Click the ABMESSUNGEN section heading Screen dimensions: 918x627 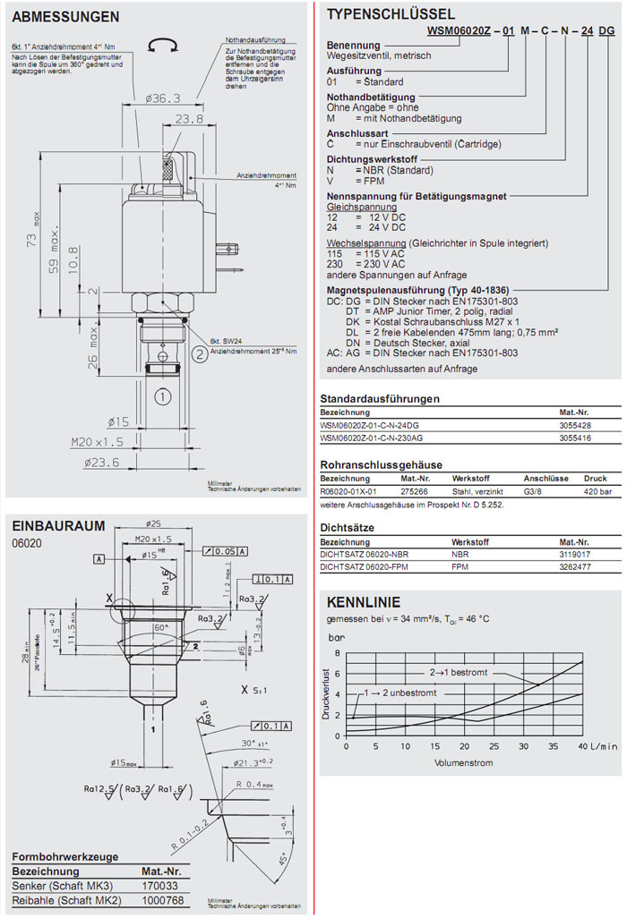[x=66, y=17]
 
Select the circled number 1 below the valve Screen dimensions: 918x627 [x=162, y=395]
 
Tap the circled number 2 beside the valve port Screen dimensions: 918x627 [x=198, y=355]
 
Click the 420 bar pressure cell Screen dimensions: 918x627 [x=597, y=491]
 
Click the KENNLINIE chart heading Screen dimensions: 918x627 [x=363, y=602]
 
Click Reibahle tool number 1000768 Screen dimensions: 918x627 [x=161, y=898]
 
